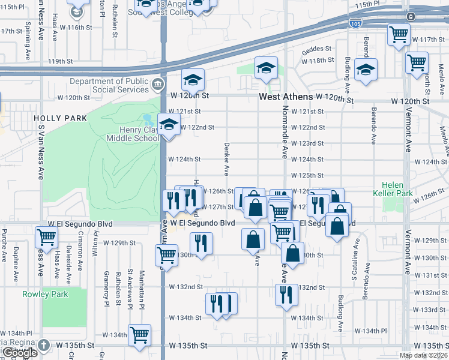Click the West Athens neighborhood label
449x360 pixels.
tap(285, 97)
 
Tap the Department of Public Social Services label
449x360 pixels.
tap(109, 85)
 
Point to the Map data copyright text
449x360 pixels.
tap(423, 355)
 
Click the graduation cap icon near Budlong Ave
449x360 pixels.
tap(366, 70)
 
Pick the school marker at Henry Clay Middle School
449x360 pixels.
tap(169, 125)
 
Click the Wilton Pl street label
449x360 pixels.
tap(95, 247)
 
